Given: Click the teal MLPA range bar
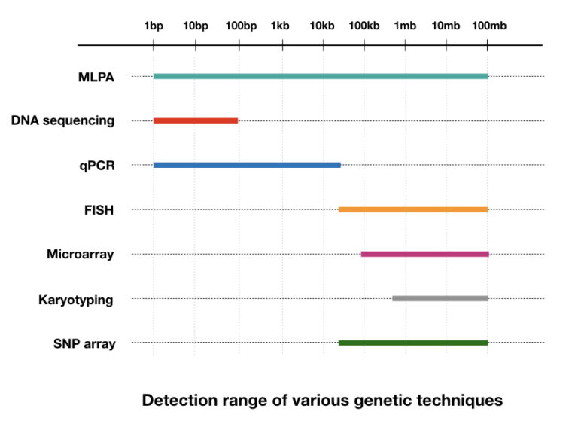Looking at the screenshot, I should click(321, 76).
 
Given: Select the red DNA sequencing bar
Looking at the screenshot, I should click(196, 120).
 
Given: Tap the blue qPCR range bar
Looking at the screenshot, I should click(247, 165).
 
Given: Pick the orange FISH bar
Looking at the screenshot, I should click(413, 209).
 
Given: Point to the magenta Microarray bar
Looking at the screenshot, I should click(424, 254).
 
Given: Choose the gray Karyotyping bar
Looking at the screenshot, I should click(440, 298).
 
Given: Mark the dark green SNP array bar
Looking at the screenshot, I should click(413, 343).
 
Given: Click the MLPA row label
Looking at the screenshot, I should click(95, 76).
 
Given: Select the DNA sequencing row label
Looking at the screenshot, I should click(63, 120).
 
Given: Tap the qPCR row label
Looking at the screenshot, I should click(96, 165).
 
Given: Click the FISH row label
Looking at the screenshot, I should click(99, 209).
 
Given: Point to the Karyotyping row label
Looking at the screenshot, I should click(76, 300).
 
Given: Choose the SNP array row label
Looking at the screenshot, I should click(84, 344).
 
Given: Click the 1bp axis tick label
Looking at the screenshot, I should click(154, 26).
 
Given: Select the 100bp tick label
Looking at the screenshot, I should click(241, 26).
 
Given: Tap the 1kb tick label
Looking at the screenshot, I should click(279, 26).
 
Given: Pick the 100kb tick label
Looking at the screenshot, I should click(364, 26).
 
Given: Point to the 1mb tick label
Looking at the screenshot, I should click(405, 26).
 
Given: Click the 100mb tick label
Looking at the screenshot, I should click(489, 26).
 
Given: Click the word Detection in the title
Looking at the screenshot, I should click(180, 401).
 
